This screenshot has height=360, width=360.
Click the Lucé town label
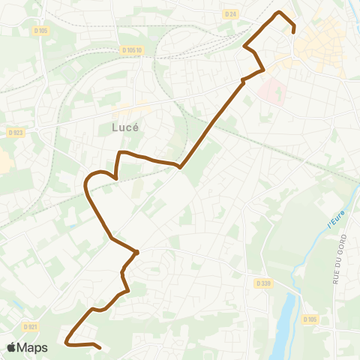tap(125, 127)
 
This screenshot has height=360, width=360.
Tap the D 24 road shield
tap(230, 13)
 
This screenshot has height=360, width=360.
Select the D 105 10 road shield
tap(131, 50)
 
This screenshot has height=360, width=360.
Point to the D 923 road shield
tap(16, 132)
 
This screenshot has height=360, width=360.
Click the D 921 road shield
tap(30, 327)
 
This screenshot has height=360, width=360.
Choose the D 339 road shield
tap(262, 283)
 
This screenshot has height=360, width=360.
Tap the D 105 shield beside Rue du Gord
tap(310, 319)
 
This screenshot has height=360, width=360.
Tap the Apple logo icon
tap(12, 347)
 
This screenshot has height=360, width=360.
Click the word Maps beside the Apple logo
tap(33, 347)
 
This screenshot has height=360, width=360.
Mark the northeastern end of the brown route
tap(293, 31)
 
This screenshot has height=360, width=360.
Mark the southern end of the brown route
tap(100, 347)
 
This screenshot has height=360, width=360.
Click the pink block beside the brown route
tap(273, 93)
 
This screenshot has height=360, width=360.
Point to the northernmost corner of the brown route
tap(280, 13)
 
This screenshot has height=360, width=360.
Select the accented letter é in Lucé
tap(139, 127)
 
